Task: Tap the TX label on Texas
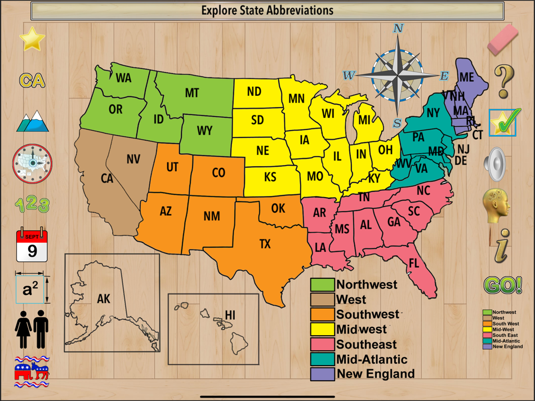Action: point(265,244)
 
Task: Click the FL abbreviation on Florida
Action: point(414,263)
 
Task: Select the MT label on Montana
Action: point(192,93)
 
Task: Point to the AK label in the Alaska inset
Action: point(104,298)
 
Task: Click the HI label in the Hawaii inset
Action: point(230,315)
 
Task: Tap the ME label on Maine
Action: point(467,78)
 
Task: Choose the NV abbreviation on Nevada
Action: point(133,160)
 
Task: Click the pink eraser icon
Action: point(502,38)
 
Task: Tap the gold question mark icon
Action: point(503,81)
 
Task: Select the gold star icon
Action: point(32,38)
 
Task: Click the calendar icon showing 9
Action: point(32,246)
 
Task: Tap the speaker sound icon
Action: point(496,164)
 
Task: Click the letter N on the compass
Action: point(398,28)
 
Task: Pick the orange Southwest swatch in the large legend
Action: point(322,314)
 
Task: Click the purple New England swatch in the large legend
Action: point(322,373)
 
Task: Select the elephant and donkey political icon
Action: point(32,372)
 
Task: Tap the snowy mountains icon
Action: point(32,121)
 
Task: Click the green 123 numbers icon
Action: point(32,204)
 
